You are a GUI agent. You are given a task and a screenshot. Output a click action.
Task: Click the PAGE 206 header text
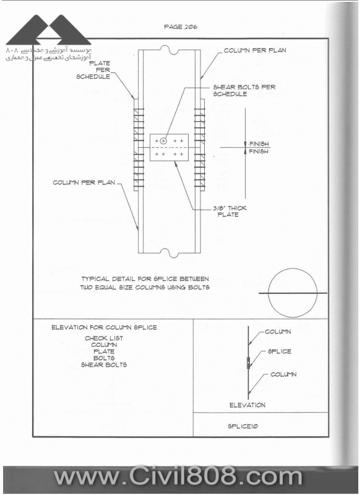[x=181, y=27]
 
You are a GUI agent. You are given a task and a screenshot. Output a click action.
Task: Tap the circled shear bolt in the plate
[x=163, y=141]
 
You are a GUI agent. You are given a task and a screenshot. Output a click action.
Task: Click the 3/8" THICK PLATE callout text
[x=229, y=211]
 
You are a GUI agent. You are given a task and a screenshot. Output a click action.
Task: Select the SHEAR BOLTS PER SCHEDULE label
[x=244, y=90]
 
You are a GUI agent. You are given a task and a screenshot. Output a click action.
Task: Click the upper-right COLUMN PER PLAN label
[x=255, y=50]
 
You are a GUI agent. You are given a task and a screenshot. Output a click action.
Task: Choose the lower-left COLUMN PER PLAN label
[x=84, y=183]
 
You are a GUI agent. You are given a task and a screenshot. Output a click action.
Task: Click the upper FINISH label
[x=259, y=144]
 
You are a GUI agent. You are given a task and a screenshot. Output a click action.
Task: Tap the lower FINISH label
[x=259, y=152]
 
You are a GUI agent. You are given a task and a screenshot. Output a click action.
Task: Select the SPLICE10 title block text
[x=243, y=426]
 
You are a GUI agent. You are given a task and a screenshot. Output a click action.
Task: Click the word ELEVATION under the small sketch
[x=247, y=405]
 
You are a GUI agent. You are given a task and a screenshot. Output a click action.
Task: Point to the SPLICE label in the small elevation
[x=279, y=351]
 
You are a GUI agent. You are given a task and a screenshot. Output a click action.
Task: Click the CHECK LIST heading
[x=104, y=338]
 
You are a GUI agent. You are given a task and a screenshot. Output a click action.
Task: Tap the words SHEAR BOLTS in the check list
[x=104, y=364]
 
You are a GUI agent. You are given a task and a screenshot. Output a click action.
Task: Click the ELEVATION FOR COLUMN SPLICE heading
[x=104, y=327]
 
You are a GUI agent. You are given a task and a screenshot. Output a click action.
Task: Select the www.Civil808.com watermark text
[x=178, y=476]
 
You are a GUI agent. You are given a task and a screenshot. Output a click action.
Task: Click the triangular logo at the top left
[x=49, y=30]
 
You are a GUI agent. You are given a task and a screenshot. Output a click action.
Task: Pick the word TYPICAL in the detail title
[x=95, y=279]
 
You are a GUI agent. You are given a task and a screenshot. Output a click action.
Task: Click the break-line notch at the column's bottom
[x=169, y=252]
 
